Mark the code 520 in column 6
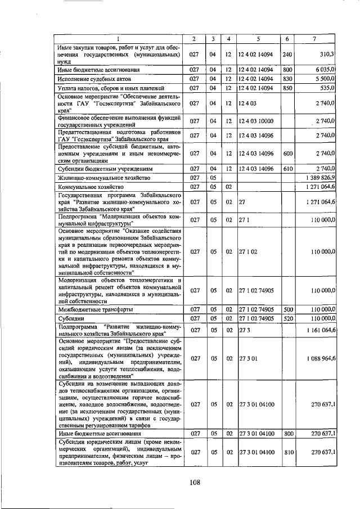[287, 318]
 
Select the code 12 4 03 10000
[258, 120]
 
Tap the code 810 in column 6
[287, 452]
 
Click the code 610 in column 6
[287, 168]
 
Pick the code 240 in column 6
[287, 54]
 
